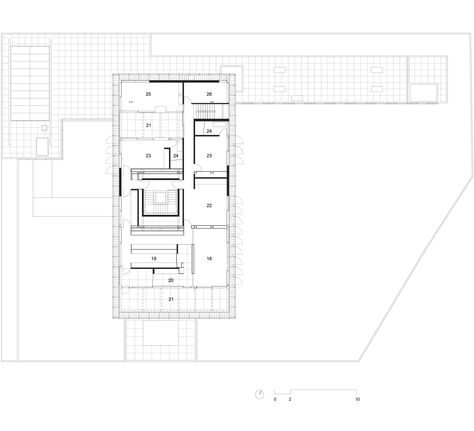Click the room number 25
(148, 94)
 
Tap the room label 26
(209, 94)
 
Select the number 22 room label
(209, 205)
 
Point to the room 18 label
(209, 259)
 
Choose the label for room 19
(154, 259)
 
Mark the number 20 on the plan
(171, 280)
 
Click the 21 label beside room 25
(148, 126)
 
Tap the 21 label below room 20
(171, 299)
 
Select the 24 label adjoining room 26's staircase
(209, 131)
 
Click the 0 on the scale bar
(275, 399)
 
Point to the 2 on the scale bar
(290, 399)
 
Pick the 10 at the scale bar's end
(357, 399)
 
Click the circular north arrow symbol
(259, 395)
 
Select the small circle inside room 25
(181, 94)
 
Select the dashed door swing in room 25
(180, 107)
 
